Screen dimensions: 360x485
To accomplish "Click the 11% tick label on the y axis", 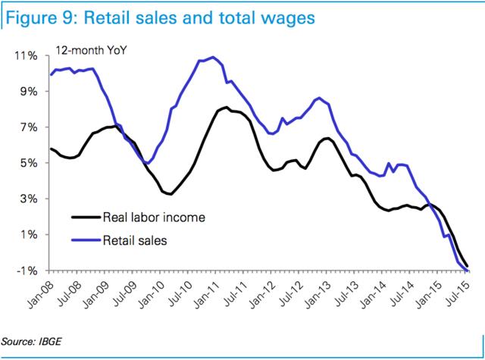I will [x=27, y=56].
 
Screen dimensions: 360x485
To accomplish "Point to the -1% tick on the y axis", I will [x=28, y=271].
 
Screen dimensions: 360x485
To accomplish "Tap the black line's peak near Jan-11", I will [x=226, y=107].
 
